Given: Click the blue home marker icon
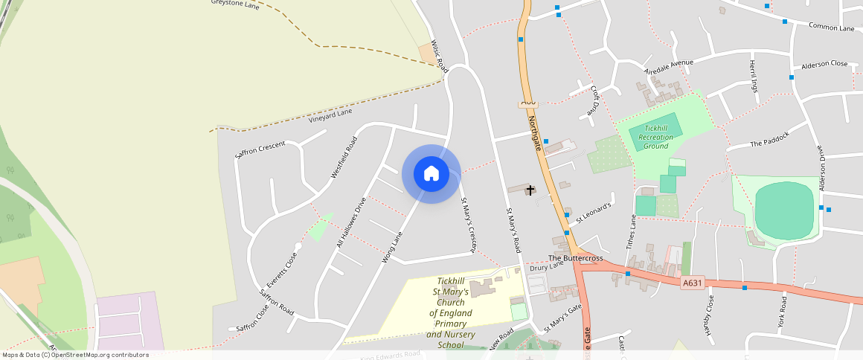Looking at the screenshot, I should tap(431, 174).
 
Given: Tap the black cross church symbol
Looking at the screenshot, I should tap(530, 190).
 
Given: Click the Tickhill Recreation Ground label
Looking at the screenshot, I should tap(655, 137).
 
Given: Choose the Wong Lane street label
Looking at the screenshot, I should tap(391, 248).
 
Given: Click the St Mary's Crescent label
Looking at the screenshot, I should tap(468, 224).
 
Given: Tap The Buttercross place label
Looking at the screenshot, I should tap(575, 258).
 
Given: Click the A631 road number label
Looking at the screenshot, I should tap(692, 282).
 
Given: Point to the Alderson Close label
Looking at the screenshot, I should tap(824, 64).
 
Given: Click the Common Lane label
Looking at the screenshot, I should tap(832, 28).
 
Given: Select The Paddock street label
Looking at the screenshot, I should tap(768, 143).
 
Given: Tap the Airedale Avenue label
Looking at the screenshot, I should tap(668, 63).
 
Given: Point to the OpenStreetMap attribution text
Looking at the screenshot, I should tap(74, 355).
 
